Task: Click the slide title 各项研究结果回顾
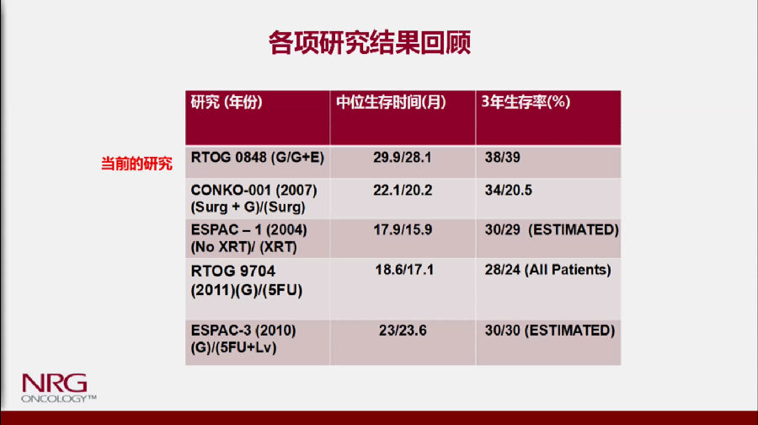coord(370,42)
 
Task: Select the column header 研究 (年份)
coord(227,102)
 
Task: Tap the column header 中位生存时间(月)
coord(391,102)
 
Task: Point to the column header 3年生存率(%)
coord(526,102)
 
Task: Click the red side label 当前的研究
coord(136,164)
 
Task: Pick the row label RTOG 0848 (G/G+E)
coord(258,158)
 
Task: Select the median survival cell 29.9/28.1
coord(403,158)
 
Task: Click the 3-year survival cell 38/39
coord(503,158)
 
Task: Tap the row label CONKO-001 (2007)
coord(254,191)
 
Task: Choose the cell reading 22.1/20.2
coord(403,191)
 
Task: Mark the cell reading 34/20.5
coord(509,191)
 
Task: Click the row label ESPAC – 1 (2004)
coord(249,229)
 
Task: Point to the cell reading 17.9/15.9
coord(403,229)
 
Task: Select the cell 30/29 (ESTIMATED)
coord(552,229)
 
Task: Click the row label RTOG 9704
coord(233,271)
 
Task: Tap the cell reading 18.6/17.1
coord(404,270)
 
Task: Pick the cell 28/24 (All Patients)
coord(548,270)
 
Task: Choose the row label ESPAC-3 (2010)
coord(243,331)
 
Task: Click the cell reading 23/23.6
coord(403,331)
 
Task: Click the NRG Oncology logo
coord(58,388)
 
